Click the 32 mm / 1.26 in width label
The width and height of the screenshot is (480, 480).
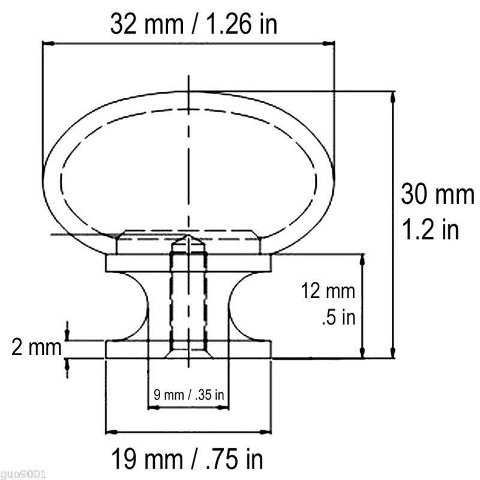pyautogui.click(x=194, y=25)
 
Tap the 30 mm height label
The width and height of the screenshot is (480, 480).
pyautogui.click(x=438, y=194)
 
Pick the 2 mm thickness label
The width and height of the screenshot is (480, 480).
pyautogui.click(x=37, y=348)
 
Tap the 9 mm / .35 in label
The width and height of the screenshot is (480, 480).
pyautogui.click(x=189, y=395)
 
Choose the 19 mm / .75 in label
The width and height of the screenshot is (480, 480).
pyautogui.click(x=187, y=458)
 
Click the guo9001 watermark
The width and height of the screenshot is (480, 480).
pyautogui.click(x=23, y=475)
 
